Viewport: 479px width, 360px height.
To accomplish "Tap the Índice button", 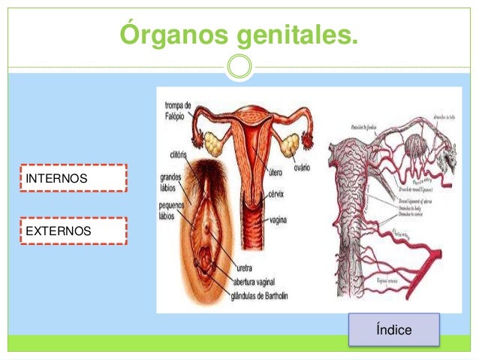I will (x=394, y=330).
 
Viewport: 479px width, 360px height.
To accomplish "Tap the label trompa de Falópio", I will (x=177, y=109).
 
